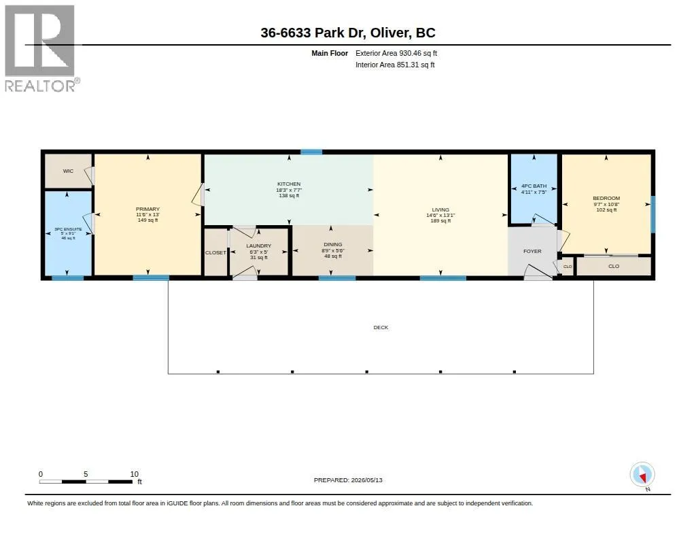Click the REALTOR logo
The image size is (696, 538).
41,48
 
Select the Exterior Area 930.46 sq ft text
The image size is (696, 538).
396,53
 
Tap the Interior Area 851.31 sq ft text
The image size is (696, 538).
395,65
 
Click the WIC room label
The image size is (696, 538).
68,171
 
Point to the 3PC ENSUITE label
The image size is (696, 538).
68,229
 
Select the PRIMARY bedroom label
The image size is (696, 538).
147,209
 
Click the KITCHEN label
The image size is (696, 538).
289,184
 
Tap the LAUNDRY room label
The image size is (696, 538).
259,246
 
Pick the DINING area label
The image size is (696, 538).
333,244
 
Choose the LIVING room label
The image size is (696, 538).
440,209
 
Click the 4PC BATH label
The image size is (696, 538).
534,186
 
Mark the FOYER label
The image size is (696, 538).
532,252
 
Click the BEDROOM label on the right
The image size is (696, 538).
606,198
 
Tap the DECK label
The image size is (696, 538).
381,327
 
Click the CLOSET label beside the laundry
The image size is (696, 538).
215,253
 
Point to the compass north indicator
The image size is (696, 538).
642,475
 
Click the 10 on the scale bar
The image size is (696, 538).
135,474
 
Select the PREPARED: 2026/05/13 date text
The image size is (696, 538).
348,480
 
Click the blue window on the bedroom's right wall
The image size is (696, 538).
653,214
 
